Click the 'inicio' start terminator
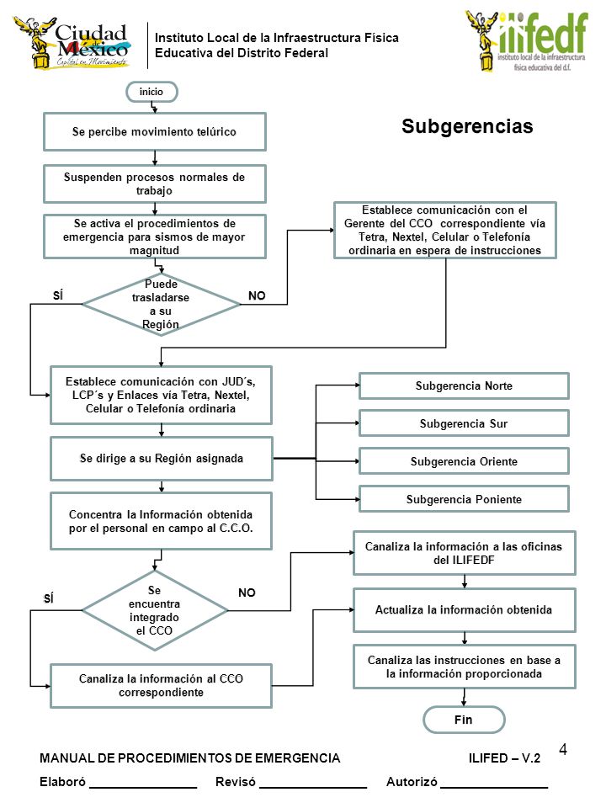[x=151, y=92]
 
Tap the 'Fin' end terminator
[x=463, y=720]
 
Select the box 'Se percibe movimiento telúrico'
[x=155, y=132]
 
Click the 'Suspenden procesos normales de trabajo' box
[x=155, y=184]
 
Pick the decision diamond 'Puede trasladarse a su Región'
[x=161, y=304]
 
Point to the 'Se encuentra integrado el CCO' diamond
[x=155, y=610]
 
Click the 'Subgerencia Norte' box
[x=464, y=386]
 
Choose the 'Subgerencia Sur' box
[x=464, y=423]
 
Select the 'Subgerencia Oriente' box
[x=464, y=461]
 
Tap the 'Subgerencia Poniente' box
[x=464, y=499]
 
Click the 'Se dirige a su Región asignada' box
[x=162, y=459]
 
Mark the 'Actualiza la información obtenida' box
[x=464, y=610]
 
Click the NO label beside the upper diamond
[x=257, y=295]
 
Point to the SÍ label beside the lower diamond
[x=49, y=598]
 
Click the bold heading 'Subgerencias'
[x=467, y=126]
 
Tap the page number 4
[x=563, y=749]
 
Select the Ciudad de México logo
[x=72, y=43]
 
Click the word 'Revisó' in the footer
[x=236, y=782]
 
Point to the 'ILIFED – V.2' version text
[x=504, y=758]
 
